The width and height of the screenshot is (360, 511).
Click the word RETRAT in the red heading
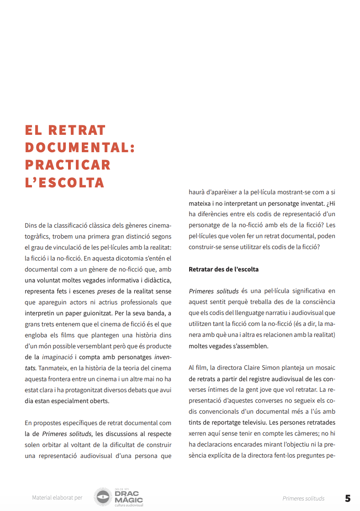pyautogui.click(x=77, y=130)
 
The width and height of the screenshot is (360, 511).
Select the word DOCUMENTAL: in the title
pyautogui.click(x=80, y=148)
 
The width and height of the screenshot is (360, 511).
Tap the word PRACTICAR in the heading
pyautogui.click(x=68, y=165)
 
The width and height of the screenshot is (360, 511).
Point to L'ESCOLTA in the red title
pyautogui.click(x=65, y=182)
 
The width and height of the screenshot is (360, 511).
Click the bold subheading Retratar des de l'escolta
pyautogui.click(x=223, y=269)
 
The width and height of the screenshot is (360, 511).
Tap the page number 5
pyautogui.click(x=348, y=498)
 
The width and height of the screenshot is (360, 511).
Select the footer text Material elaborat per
pyautogui.click(x=57, y=498)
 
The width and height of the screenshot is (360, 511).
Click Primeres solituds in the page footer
pyautogui.click(x=303, y=498)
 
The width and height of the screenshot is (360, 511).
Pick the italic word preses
pyautogui.click(x=106, y=291)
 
